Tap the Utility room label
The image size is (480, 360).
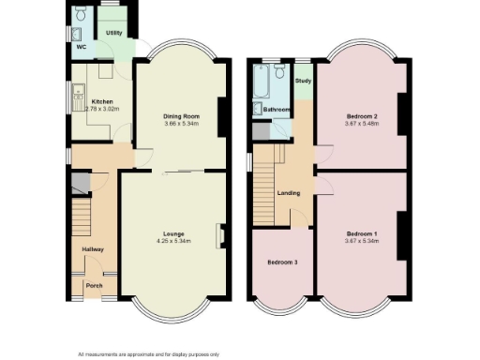[x=113, y=33]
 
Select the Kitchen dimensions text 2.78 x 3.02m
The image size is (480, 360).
[x=101, y=108]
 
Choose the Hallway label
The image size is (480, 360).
[x=92, y=248]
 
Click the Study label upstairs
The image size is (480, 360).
[x=303, y=81]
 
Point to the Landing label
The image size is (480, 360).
[x=289, y=193]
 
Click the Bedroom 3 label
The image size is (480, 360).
[x=282, y=262]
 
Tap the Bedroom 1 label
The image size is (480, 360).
[x=362, y=232]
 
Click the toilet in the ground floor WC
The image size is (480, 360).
[x=80, y=16]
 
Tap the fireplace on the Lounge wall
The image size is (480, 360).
[x=222, y=235]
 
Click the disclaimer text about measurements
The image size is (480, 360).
[x=149, y=352]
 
